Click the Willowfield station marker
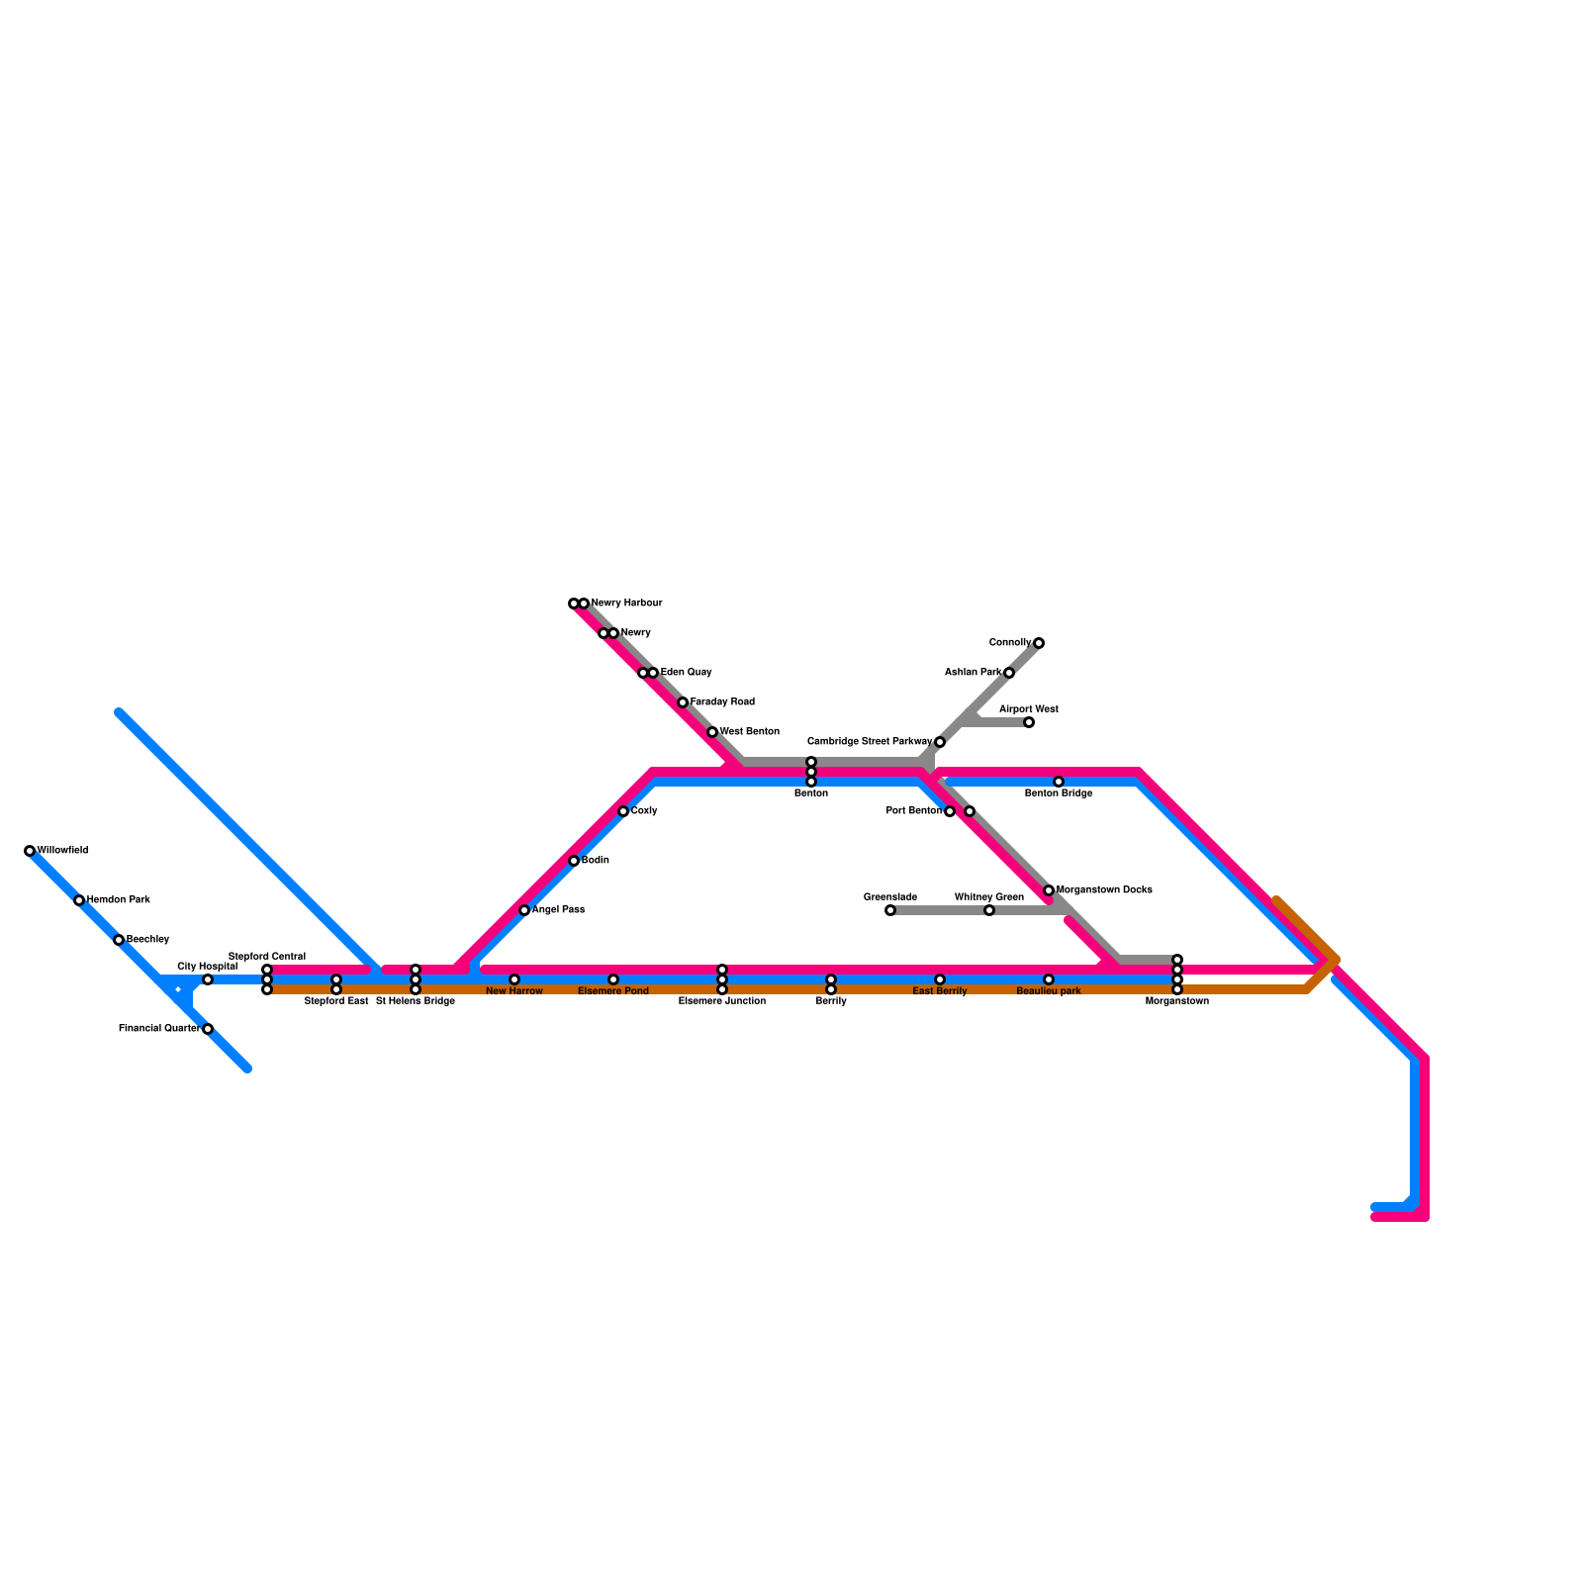tap(30, 851)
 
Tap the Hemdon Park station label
tap(118, 900)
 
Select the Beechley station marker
tap(119, 940)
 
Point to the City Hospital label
tap(207, 967)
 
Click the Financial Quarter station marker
tap(208, 1029)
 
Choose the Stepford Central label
tap(267, 957)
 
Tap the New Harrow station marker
tap(514, 979)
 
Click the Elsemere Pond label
tap(613, 991)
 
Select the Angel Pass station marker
tap(524, 910)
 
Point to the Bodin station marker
tap(574, 861)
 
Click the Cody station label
tap(644, 811)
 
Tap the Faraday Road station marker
tap(683, 702)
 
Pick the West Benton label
tap(749, 732)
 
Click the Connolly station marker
tap(1039, 643)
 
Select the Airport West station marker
tap(1029, 722)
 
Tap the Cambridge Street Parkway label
tap(870, 742)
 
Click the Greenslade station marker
tap(890, 910)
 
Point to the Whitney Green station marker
tap(989, 910)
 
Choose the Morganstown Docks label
tap(1104, 890)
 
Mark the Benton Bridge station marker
tap(1059, 782)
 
